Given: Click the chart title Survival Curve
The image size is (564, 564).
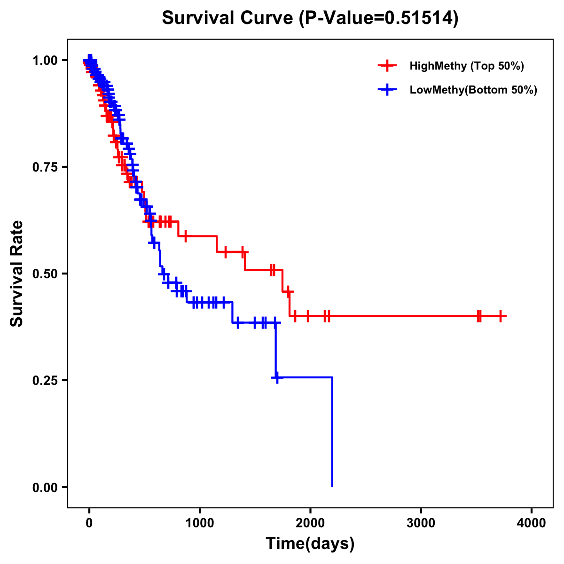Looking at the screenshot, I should click(228, 18).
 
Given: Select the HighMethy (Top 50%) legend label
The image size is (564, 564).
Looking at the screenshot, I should click(466, 66).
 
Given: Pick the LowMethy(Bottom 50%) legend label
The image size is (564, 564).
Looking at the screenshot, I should click(473, 90).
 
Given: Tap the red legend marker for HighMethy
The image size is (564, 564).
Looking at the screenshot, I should click(387, 66).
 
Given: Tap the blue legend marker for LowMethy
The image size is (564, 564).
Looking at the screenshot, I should click(387, 90).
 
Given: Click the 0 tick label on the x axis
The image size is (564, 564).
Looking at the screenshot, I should click(89, 523).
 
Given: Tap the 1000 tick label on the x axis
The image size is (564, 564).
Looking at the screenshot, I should click(200, 523).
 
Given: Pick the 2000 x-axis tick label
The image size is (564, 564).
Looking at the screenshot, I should click(310, 523).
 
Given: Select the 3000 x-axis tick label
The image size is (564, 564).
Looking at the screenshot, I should click(421, 523).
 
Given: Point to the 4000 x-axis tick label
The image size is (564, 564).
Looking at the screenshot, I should click(532, 523).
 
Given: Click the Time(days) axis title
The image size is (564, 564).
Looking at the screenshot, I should click(310, 544).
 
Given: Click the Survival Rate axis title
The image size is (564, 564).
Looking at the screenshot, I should click(17, 274).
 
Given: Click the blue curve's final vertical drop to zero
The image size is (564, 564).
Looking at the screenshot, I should click(332, 432).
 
